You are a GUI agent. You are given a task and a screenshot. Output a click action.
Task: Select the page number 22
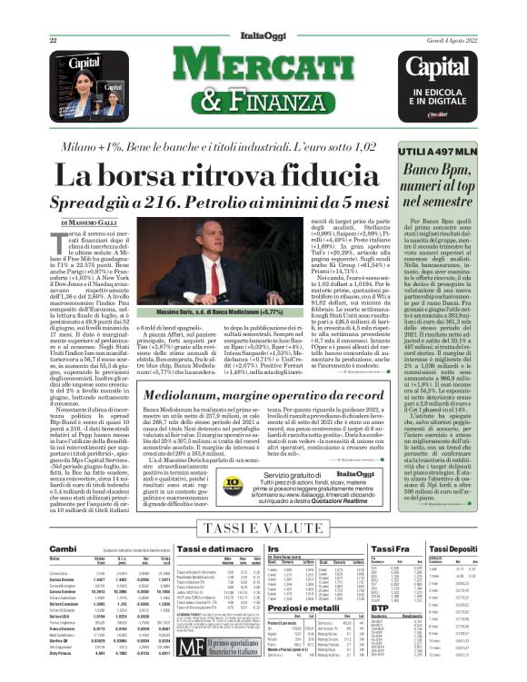(54, 40)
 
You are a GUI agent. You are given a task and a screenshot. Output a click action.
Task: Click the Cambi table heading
(63, 549)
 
